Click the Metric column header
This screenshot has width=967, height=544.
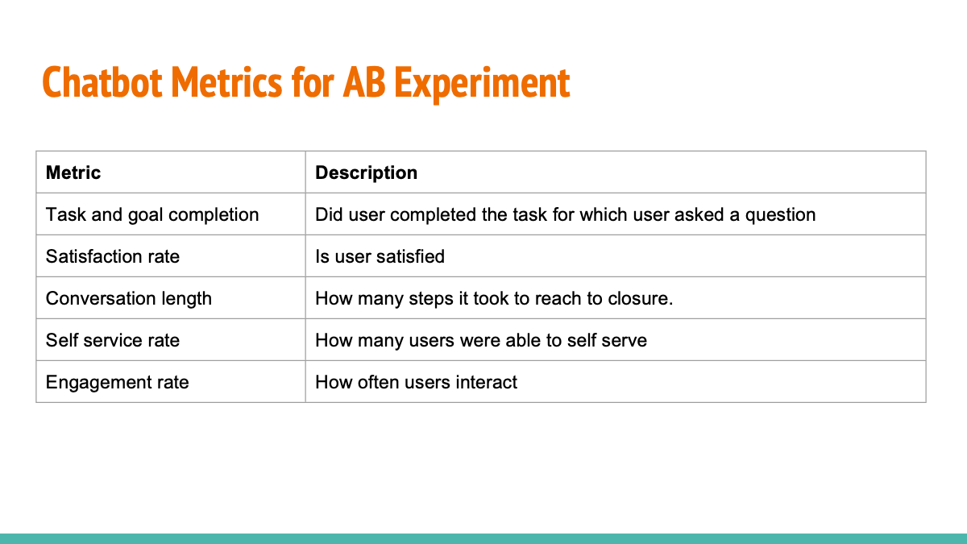tap(73, 172)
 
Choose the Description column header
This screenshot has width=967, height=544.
tap(366, 172)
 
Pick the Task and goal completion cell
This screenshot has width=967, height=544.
tap(152, 214)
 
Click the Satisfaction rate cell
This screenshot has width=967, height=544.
tap(113, 256)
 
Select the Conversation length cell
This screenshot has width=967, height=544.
tap(129, 298)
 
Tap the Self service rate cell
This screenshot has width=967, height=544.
tap(113, 340)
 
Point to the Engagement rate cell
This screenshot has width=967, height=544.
tap(118, 382)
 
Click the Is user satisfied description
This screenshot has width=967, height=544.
tap(380, 256)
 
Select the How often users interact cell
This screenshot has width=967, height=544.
tap(416, 382)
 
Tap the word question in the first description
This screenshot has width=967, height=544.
tap(781, 214)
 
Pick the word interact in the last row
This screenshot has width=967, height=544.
tap(487, 382)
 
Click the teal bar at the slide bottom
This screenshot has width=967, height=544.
tap(483, 538)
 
